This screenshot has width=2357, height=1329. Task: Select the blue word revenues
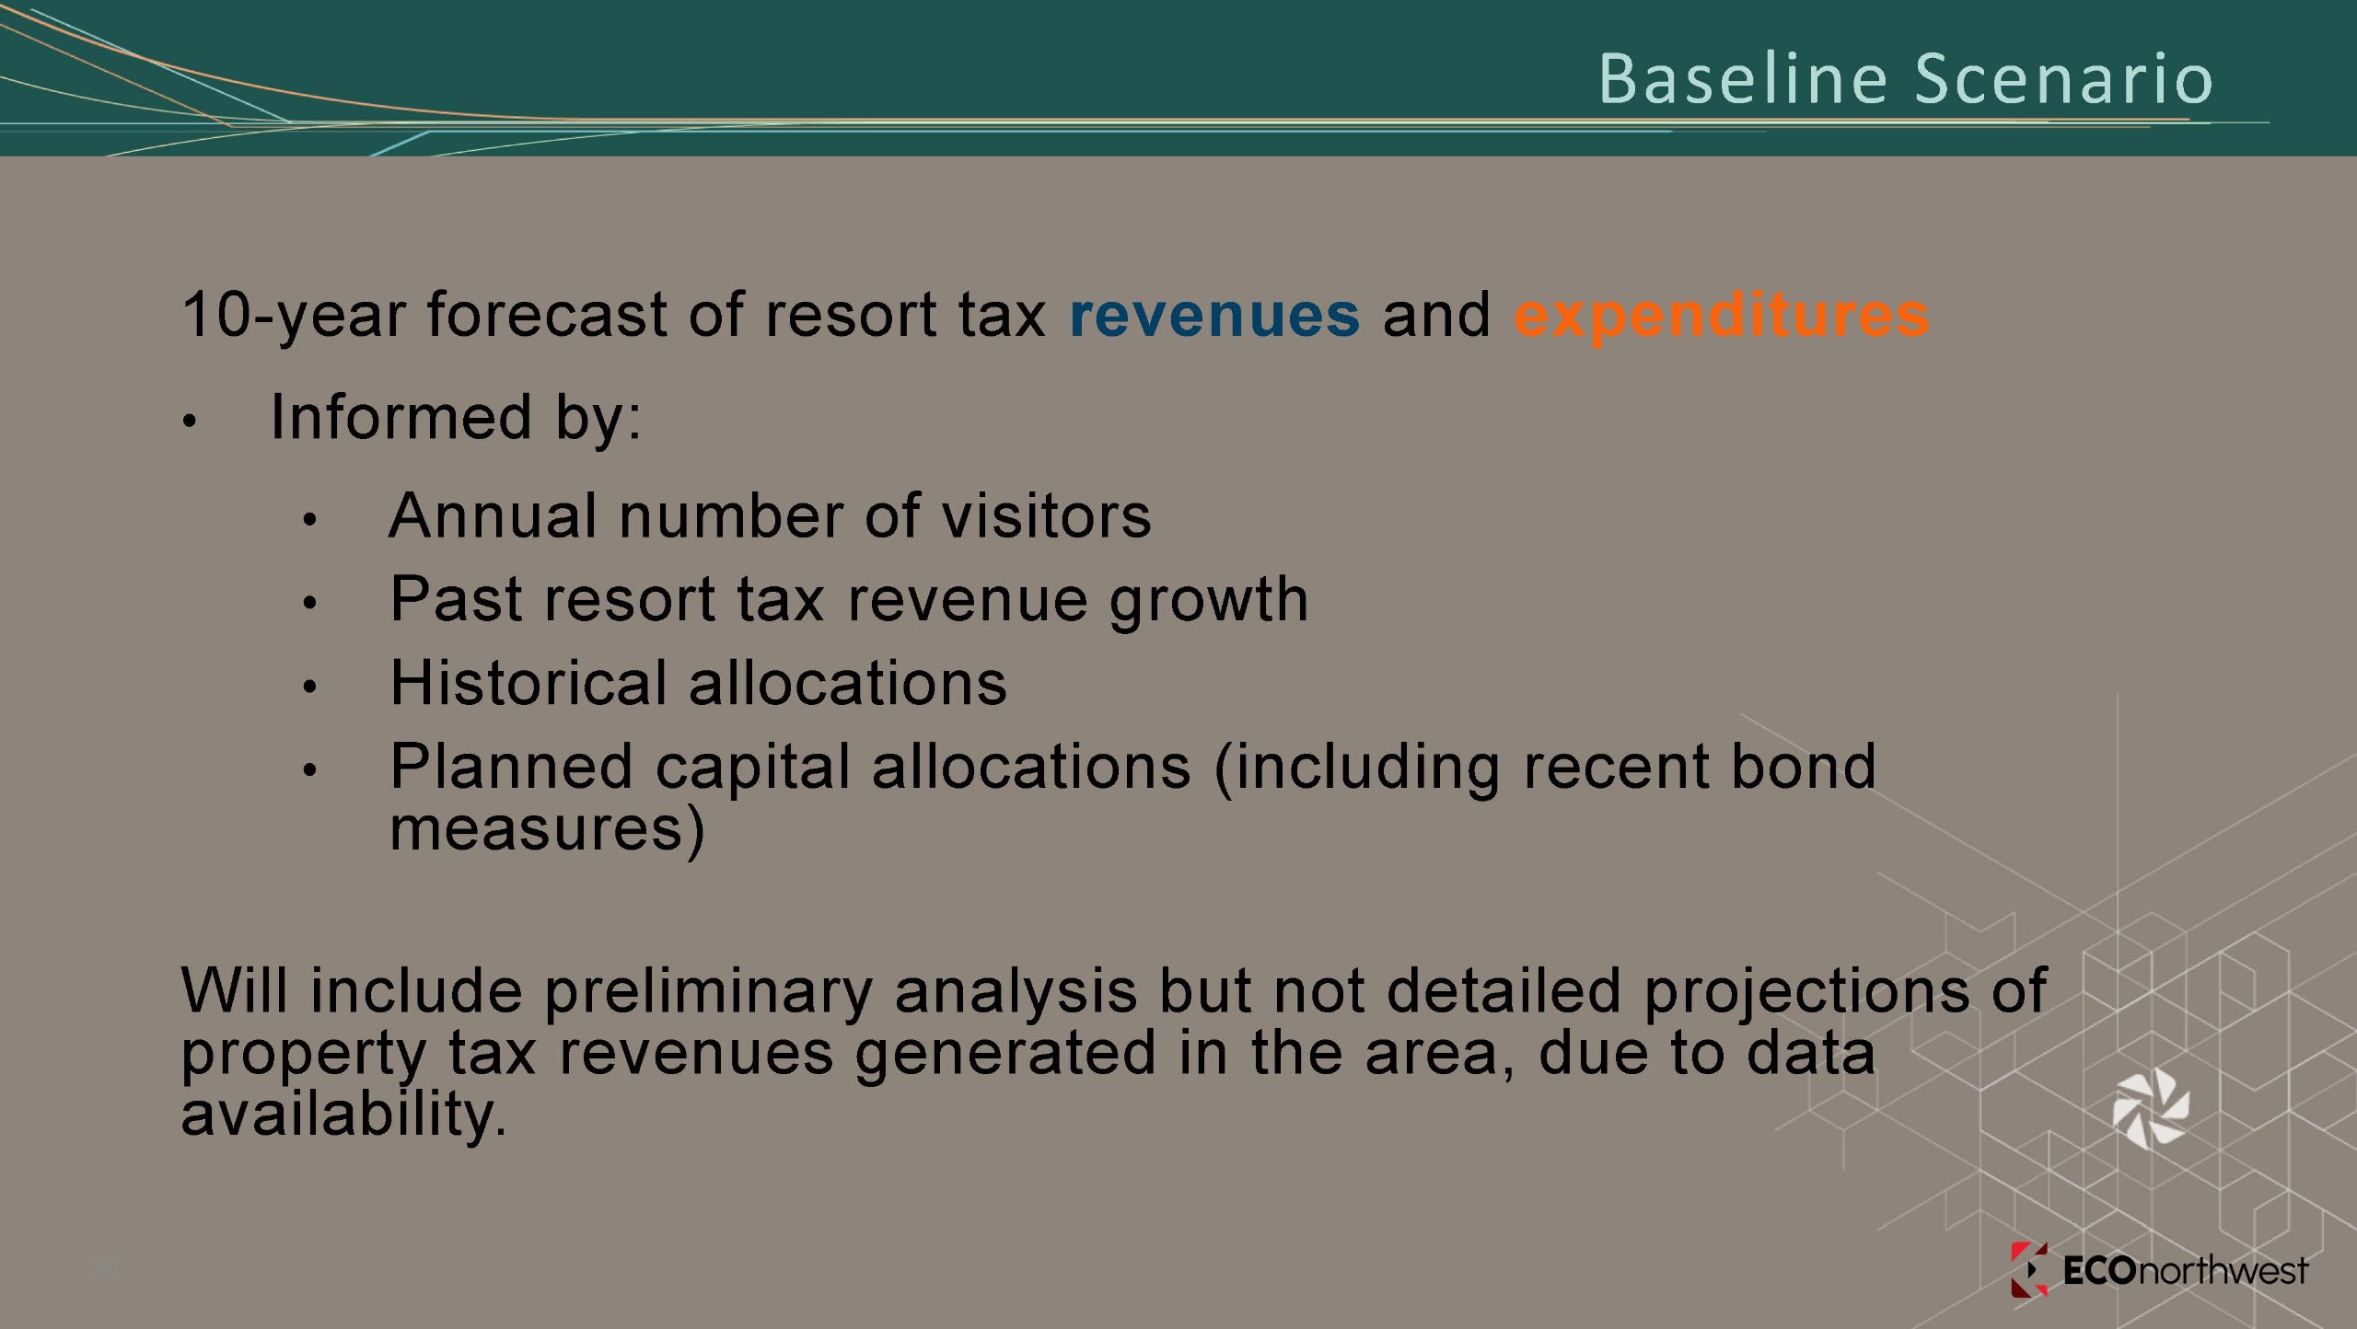click(1214, 315)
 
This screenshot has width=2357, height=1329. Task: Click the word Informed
click(401, 416)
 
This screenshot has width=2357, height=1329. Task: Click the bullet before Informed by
click(190, 422)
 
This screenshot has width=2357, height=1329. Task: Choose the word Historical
click(528, 683)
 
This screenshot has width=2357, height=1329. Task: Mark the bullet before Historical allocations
click(309, 687)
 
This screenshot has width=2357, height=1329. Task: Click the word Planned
click(512, 767)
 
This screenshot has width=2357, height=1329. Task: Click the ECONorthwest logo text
click(2186, 1271)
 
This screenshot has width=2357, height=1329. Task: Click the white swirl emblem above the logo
click(2151, 1109)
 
